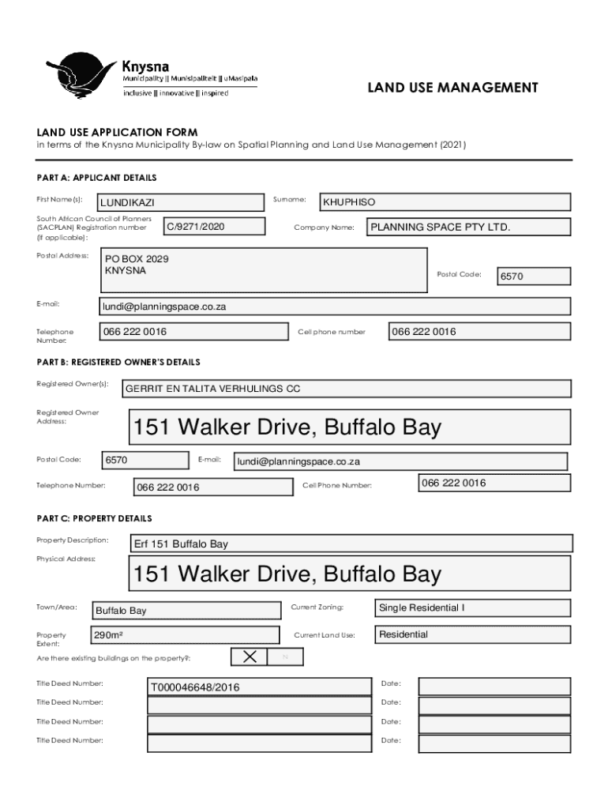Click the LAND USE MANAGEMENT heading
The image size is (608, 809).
[x=452, y=88]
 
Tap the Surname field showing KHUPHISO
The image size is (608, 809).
[x=443, y=203]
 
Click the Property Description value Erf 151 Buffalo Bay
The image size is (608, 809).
[x=351, y=544]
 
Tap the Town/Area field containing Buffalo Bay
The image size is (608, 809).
[x=186, y=611]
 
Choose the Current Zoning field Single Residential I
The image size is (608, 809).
[x=471, y=608]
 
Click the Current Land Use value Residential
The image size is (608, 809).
[x=471, y=635]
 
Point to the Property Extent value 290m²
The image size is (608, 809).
[x=185, y=635]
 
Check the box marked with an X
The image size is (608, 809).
[x=250, y=657]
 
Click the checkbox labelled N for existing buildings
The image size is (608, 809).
[x=285, y=657]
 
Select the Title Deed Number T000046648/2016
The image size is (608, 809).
[x=259, y=687]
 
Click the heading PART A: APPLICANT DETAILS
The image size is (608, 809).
[x=96, y=178]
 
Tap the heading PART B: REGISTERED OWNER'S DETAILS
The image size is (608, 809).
[x=118, y=363]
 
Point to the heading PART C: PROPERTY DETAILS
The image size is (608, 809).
[x=94, y=519]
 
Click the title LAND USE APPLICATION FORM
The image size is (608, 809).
[x=117, y=132]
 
